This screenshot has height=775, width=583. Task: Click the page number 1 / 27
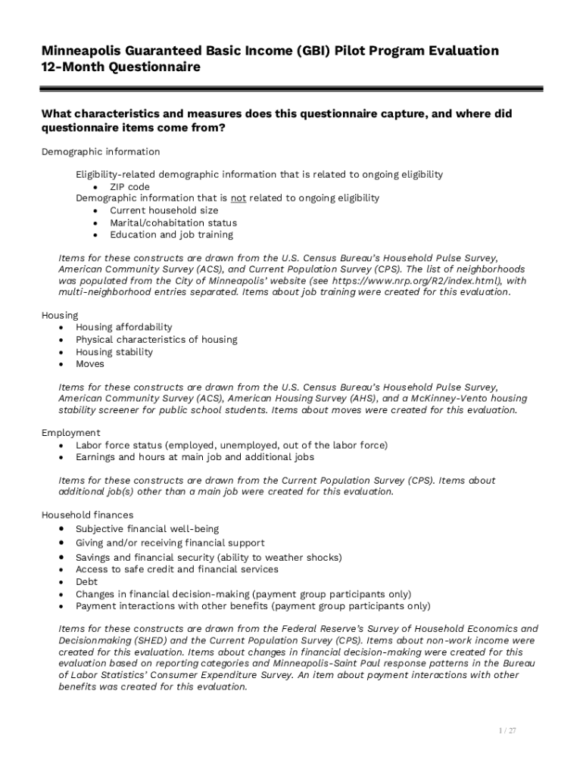pyautogui.click(x=507, y=731)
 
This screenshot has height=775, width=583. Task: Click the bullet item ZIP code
pyautogui.click(x=129, y=187)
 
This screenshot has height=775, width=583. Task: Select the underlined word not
pyautogui.click(x=238, y=198)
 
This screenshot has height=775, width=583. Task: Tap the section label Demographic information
pyautogui.click(x=100, y=152)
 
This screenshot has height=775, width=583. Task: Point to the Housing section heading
pyautogui.click(x=59, y=315)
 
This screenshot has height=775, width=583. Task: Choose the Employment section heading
pyautogui.click(x=70, y=433)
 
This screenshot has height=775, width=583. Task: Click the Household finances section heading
pyautogui.click(x=87, y=515)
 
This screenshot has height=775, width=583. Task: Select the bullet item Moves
pyautogui.click(x=89, y=364)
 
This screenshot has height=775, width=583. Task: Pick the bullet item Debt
pyautogui.click(x=86, y=582)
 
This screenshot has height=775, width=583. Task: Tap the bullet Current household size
pyautogui.click(x=164, y=210)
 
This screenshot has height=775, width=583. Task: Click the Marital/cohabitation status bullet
pyautogui.click(x=173, y=223)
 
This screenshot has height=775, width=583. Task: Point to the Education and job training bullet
pyautogui.click(x=171, y=235)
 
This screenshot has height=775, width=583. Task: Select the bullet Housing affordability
pyautogui.click(x=123, y=327)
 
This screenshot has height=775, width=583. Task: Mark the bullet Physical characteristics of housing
pyautogui.click(x=156, y=340)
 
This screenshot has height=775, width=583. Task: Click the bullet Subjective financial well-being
pyautogui.click(x=147, y=529)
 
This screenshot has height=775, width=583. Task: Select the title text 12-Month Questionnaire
pyautogui.click(x=120, y=67)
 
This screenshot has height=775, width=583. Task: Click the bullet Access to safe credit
pyautogui.click(x=125, y=569)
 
